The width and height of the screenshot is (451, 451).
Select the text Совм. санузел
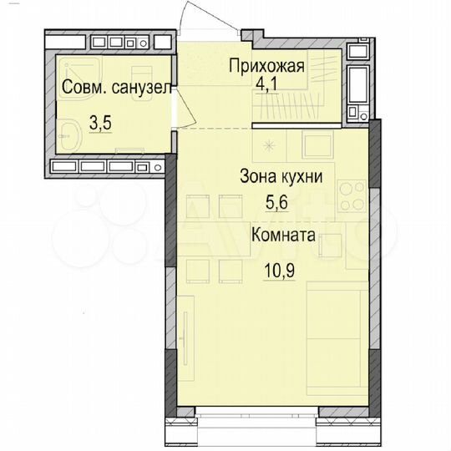[115, 88]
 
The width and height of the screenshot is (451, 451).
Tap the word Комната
[282, 236]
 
